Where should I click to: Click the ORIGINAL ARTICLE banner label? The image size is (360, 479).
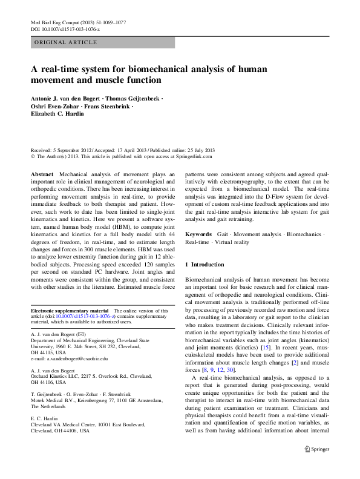66,42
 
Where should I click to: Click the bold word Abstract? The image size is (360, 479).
42,174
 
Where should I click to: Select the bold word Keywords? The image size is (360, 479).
198,233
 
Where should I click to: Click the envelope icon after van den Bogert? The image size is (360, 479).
82,334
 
